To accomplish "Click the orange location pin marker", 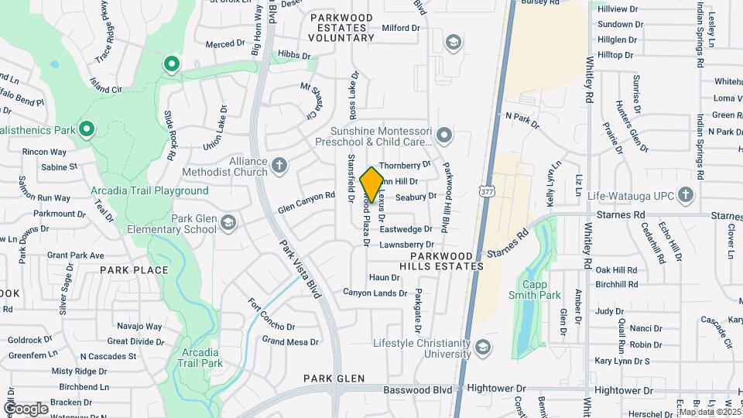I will pos(371,184).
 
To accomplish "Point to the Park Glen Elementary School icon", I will pos(228,224).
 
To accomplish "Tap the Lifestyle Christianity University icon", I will pos(484,345).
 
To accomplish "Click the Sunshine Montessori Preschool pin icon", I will pos(443,136).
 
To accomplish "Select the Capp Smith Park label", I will pos(534,290).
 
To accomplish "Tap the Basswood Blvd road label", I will pos(423,390).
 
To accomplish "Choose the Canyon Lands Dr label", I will pos(375,293).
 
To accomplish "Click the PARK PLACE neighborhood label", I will pos(134,270).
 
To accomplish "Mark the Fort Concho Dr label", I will pos(271,315).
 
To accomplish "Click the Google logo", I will pos(26,408).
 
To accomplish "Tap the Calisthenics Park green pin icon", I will pos(87,128).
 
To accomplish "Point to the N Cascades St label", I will pos(108,357).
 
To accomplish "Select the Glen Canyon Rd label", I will pos(306,203).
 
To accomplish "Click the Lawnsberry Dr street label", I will pos(406,245).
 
